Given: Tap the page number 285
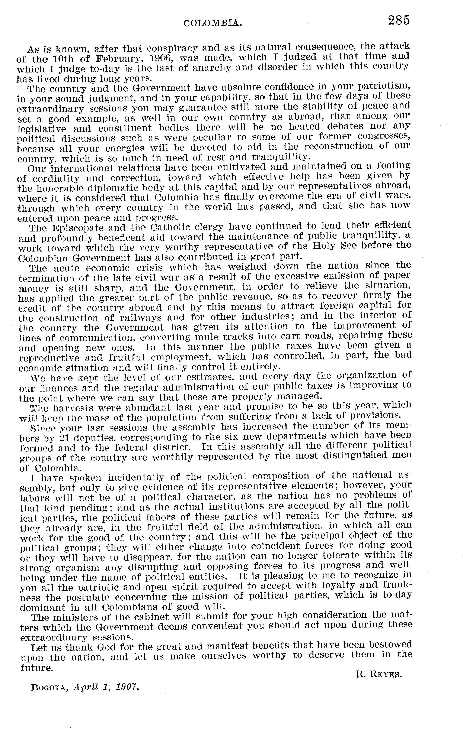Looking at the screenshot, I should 398,20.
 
